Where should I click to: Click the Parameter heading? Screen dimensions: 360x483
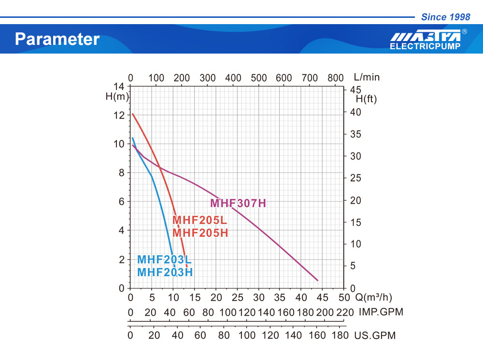click(57, 39)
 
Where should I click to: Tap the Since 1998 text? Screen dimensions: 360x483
click(445, 17)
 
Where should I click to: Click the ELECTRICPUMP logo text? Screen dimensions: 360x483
click(425, 47)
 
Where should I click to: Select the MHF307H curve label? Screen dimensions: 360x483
click(238, 203)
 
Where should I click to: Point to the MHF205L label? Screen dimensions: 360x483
click(199, 221)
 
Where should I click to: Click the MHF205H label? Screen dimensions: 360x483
click(200, 233)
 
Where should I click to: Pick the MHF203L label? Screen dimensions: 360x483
click(164, 260)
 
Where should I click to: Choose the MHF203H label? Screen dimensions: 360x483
click(165, 272)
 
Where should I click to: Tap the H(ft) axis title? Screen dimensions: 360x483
click(366, 99)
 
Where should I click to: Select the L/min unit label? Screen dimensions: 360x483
click(367, 77)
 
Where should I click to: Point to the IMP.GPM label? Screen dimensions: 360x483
click(381, 312)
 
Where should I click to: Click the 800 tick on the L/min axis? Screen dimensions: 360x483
click(335, 78)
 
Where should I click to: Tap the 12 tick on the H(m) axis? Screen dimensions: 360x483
click(119, 115)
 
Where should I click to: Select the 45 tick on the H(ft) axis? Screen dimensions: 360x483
click(355, 90)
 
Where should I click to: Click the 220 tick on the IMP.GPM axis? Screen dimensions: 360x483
click(344, 312)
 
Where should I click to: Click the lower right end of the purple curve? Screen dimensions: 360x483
click(317, 280)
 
